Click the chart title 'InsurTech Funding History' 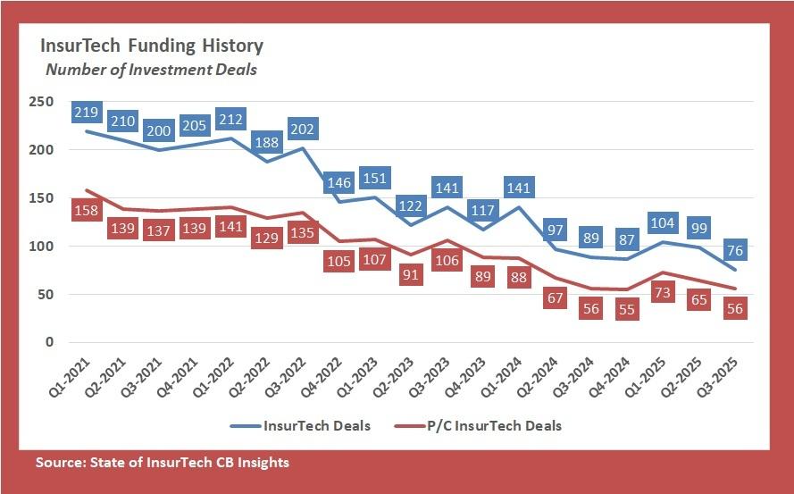[150, 46]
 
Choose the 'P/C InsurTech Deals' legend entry [499, 425]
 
